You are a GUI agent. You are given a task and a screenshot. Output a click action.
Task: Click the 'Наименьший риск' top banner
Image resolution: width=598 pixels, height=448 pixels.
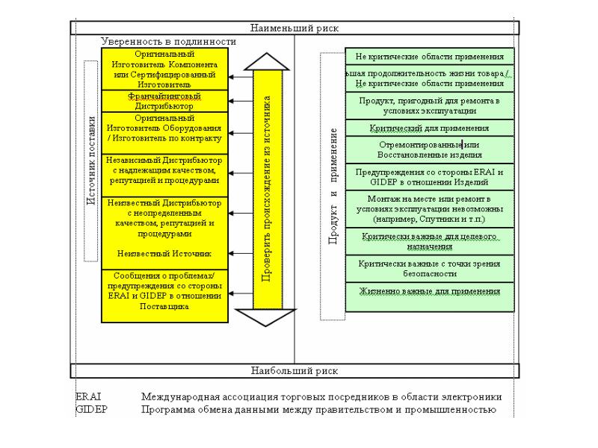click(x=295, y=28)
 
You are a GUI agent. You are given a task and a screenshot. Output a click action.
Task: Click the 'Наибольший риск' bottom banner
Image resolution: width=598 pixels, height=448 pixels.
click(x=295, y=370)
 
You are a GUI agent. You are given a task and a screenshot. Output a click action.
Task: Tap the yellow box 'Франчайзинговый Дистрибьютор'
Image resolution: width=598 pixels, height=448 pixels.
click(x=164, y=102)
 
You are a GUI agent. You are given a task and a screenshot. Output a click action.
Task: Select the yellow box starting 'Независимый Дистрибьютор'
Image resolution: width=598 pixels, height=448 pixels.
click(x=164, y=170)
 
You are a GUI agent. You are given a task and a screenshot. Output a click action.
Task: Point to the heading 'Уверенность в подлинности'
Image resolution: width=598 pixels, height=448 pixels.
click(x=168, y=43)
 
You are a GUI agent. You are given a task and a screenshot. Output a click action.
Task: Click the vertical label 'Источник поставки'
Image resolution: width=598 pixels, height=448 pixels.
click(x=91, y=161)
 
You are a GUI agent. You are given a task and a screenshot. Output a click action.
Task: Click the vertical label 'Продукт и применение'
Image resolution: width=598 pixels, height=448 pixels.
click(x=333, y=187)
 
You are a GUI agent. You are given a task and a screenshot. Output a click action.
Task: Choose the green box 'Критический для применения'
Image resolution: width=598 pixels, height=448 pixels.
click(x=429, y=128)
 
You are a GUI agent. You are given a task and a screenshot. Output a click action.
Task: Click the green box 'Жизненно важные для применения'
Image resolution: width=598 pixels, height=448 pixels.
click(x=429, y=290)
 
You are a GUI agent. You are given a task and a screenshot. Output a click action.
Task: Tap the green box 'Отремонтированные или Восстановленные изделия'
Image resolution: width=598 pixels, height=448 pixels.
click(x=429, y=149)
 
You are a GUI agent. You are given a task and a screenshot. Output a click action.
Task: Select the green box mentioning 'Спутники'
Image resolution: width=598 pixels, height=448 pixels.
click(x=429, y=210)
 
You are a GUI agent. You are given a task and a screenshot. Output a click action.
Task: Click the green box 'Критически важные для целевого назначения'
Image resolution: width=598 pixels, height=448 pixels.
click(x=429, y=241)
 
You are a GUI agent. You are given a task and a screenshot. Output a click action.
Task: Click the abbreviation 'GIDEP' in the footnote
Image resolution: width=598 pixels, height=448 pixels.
click(x=91, y=409)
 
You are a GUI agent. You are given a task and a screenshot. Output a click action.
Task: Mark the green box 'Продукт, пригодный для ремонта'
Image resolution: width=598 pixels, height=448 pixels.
click(x=429, y=105)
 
